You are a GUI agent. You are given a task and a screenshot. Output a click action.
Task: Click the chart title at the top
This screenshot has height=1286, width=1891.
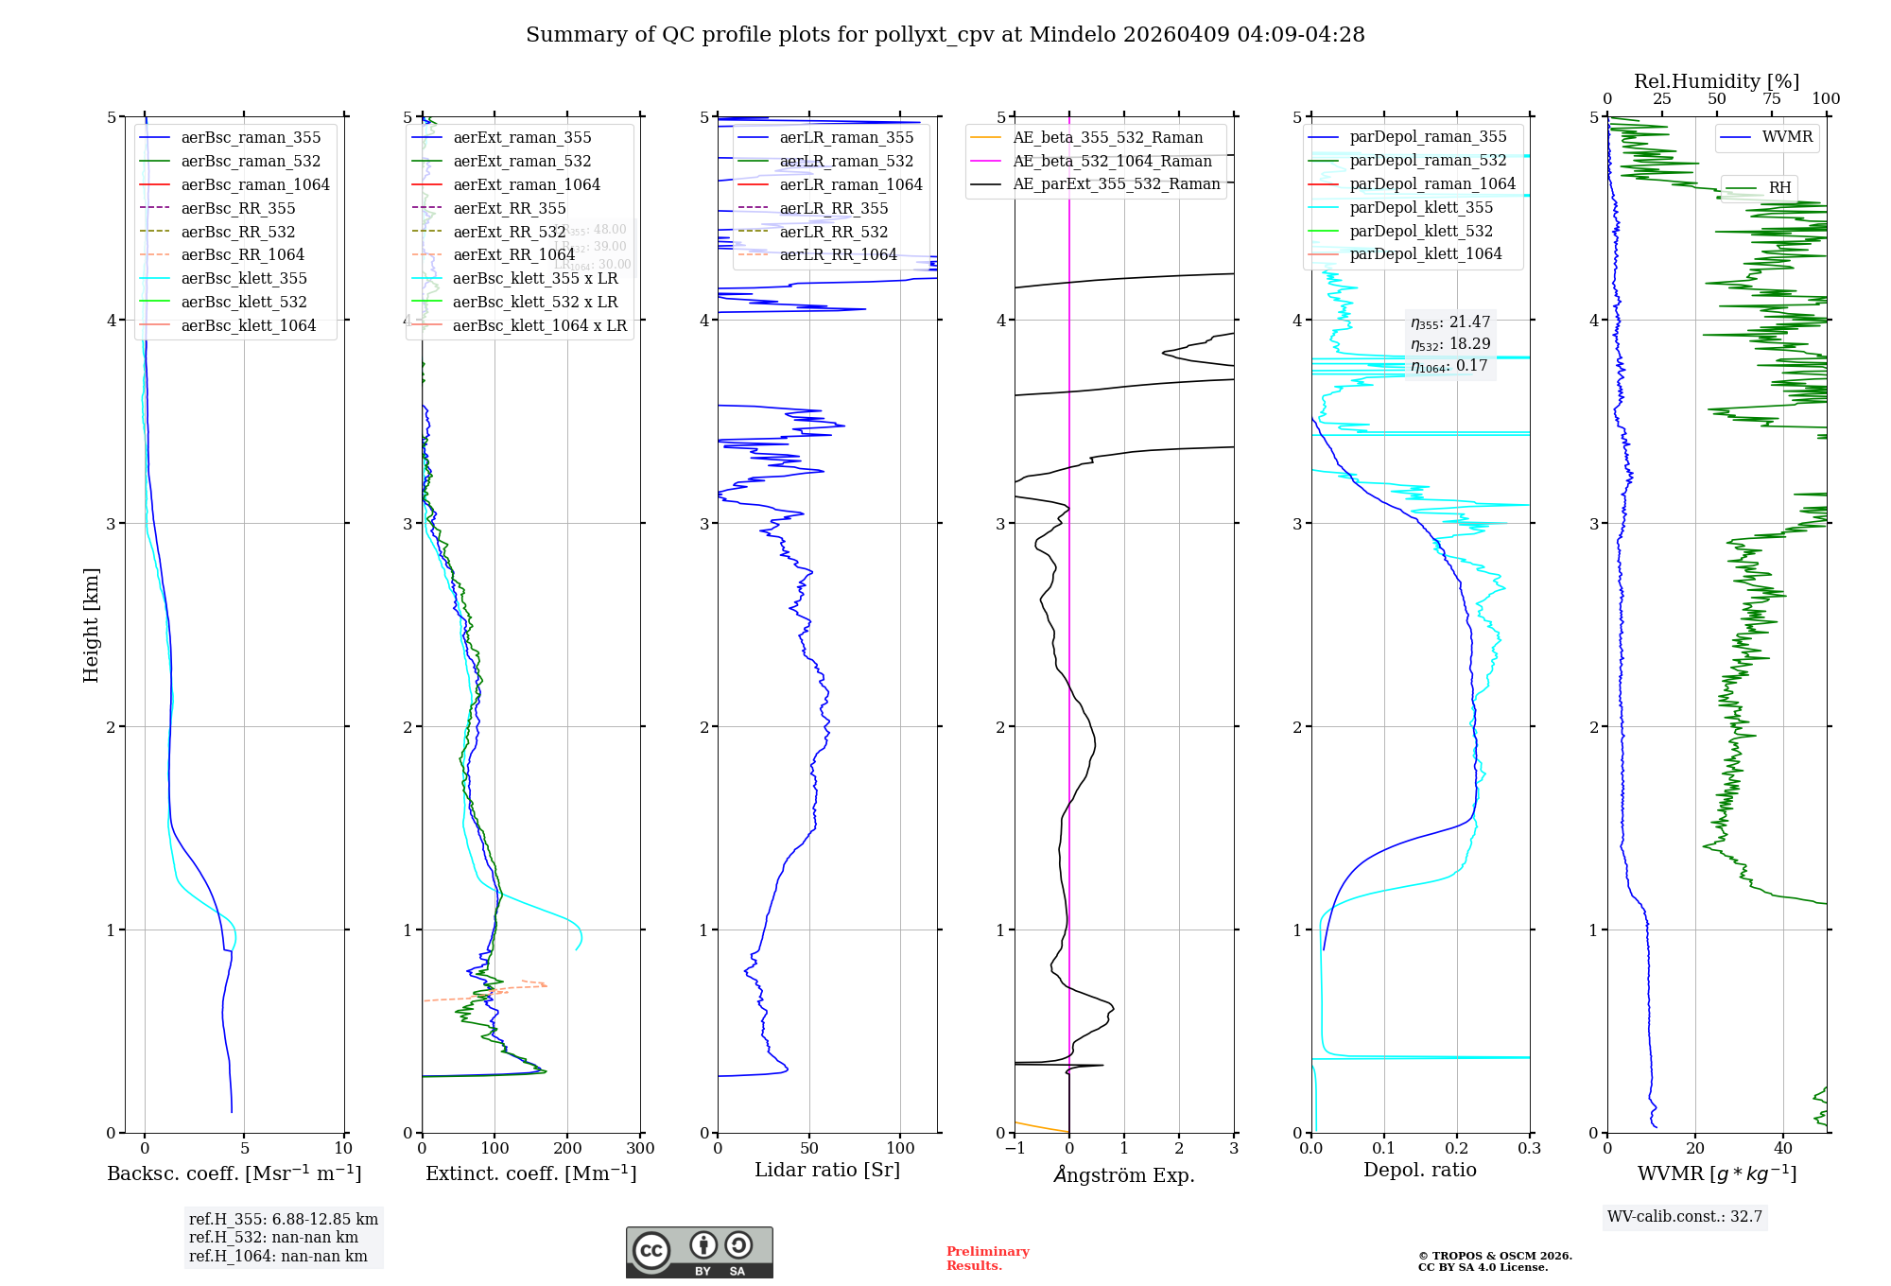945,35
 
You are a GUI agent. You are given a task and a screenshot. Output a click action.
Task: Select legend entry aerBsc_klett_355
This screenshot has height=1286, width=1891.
244,278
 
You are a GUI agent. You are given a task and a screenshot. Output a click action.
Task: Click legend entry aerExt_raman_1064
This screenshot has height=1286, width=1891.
527,184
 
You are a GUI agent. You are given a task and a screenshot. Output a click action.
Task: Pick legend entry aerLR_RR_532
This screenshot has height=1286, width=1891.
833,232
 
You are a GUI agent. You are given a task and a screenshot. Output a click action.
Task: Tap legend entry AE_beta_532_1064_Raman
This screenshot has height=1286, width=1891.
1112,161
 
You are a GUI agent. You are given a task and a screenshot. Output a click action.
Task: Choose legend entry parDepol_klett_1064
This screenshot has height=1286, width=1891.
1425,253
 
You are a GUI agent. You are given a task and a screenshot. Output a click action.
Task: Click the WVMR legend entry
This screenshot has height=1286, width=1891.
1787,137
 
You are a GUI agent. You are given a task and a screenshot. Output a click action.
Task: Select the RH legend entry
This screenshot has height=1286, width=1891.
1779,187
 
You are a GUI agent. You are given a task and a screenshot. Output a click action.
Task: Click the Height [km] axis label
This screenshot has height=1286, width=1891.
91,624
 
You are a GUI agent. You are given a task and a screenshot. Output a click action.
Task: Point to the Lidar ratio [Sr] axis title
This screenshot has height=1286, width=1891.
827,1170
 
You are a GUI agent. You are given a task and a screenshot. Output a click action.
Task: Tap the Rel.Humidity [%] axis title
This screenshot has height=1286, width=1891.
1716,81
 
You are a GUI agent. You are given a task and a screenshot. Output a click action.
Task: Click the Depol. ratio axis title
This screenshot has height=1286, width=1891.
1419,1170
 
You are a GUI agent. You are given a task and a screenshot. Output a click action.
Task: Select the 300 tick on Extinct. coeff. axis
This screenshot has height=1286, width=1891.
640,1148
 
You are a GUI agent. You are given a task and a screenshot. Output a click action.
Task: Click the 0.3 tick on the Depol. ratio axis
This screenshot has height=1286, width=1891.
1529,1148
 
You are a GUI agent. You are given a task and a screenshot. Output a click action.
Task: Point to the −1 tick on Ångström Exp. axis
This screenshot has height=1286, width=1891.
1015,1148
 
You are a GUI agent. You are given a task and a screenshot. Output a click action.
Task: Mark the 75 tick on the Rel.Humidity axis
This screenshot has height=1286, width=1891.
1771,98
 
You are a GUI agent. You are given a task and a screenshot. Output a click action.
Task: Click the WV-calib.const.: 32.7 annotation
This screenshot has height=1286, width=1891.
1685,1216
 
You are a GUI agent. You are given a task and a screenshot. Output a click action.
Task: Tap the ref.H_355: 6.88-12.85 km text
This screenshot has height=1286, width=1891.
284,1219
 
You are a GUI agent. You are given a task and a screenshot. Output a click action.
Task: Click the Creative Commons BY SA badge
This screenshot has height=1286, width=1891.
699,1252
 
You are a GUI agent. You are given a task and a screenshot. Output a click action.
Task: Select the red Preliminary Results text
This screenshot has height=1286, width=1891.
987,1258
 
